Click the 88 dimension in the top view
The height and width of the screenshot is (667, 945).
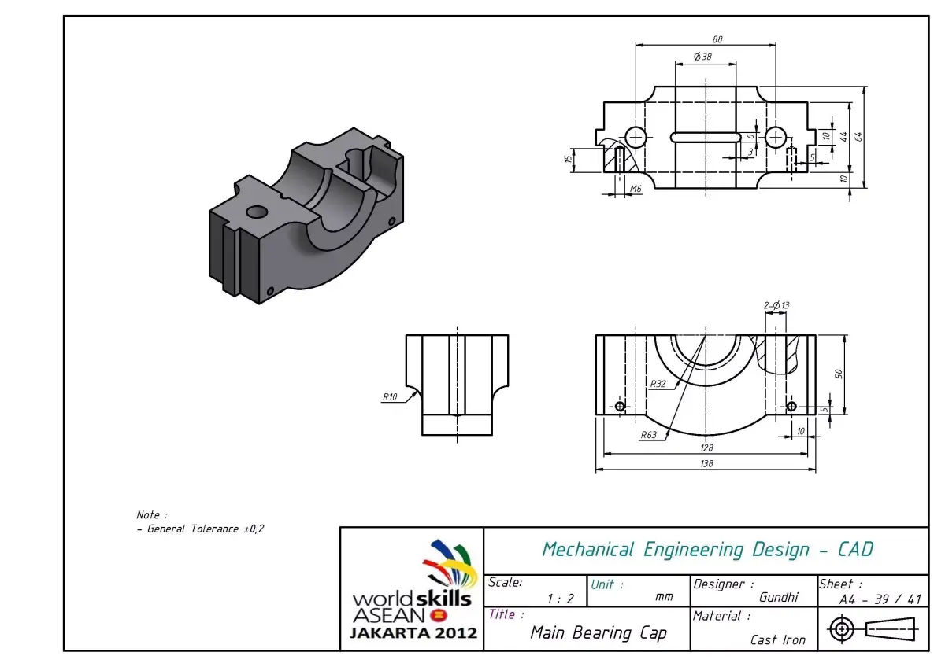(717, 39)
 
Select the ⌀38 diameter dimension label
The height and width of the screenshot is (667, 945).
(702, 57)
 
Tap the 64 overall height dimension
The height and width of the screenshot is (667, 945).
(860, 135)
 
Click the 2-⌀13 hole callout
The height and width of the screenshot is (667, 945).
(776, 305)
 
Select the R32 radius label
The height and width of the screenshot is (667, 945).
(658, 384)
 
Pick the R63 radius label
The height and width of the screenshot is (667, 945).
(648, 434)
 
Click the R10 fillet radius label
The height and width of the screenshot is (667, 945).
(390, 396)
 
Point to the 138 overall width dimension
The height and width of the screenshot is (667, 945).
(706, 464)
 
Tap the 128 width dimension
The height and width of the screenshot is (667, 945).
(706, 448)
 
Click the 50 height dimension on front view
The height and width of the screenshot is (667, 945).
(839, 373)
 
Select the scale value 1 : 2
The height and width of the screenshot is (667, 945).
(560, 599)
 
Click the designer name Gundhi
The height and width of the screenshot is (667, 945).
(778, 598)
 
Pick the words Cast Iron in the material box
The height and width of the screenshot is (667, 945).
(778, 639)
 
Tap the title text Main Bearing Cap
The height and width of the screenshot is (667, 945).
(598, 632)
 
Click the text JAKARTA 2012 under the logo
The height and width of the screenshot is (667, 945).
(413, 632)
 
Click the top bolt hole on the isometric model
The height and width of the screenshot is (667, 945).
(256, 212)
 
